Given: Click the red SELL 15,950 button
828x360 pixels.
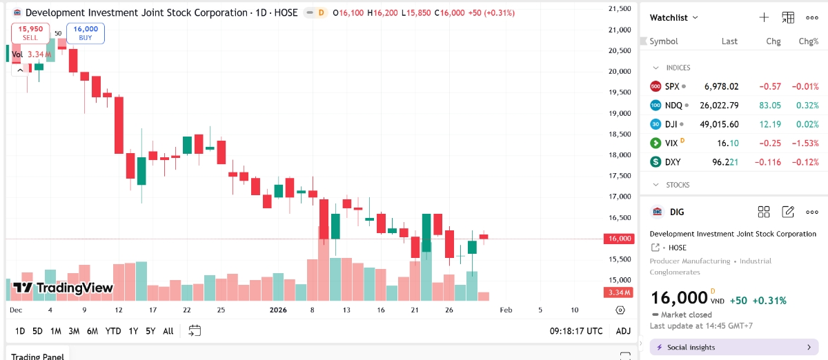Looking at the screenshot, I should (x=30, y=33).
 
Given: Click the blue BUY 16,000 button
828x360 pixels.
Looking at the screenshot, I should (x=86, y=33).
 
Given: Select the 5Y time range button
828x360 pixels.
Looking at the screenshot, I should (x=150, y=331).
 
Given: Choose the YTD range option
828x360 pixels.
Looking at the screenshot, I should (x=113, y=331).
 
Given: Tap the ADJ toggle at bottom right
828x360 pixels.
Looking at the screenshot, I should (x=623, y=331).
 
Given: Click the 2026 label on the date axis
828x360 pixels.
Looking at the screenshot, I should (x=277, y=310).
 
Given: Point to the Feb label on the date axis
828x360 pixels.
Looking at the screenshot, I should (x=506, y=310).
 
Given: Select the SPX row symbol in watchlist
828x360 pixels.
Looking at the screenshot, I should (x=672, y=87).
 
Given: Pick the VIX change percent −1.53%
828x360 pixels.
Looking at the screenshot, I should (x=804, y=143).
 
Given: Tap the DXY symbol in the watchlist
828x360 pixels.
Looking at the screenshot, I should (x=672, y=162).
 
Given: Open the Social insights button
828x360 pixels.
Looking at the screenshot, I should (x=733, y=347).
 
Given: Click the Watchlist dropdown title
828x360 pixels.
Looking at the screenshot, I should (x=673, y=18).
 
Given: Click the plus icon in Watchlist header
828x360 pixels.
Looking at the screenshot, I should (x=764, y=18).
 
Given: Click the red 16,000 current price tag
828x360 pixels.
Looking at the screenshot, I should (x=618, y=239).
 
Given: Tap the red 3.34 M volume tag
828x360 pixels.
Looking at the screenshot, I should (x=618, y=292).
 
